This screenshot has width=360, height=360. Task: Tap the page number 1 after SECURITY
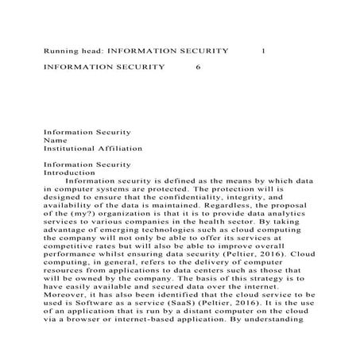[x=263, y=49]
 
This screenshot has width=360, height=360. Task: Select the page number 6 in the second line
[x=198, y=67]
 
